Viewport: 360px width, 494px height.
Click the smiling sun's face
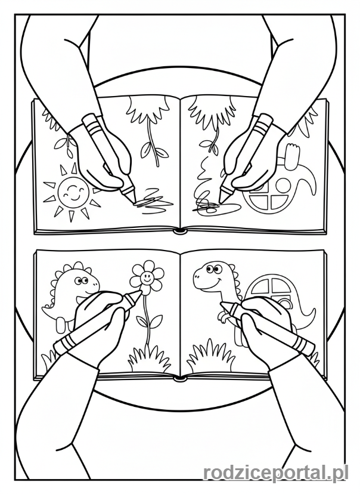pyautogui.click(x=73, y=193)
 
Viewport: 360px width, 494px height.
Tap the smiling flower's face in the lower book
pyautogui.click(x=147, y=278)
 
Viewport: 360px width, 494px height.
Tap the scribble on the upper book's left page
pyautogui.click(x=153, y=204)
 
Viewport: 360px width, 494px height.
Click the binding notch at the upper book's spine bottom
pyautogui.click(x=180, y=231)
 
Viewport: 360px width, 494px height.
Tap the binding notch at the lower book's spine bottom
pyautogui.click(x=179, y=377)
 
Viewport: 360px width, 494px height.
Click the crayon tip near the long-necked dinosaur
pyautogui.click(x=223, y=304)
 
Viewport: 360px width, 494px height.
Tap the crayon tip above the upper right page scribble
pyautogui.click(x=222, y=198)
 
